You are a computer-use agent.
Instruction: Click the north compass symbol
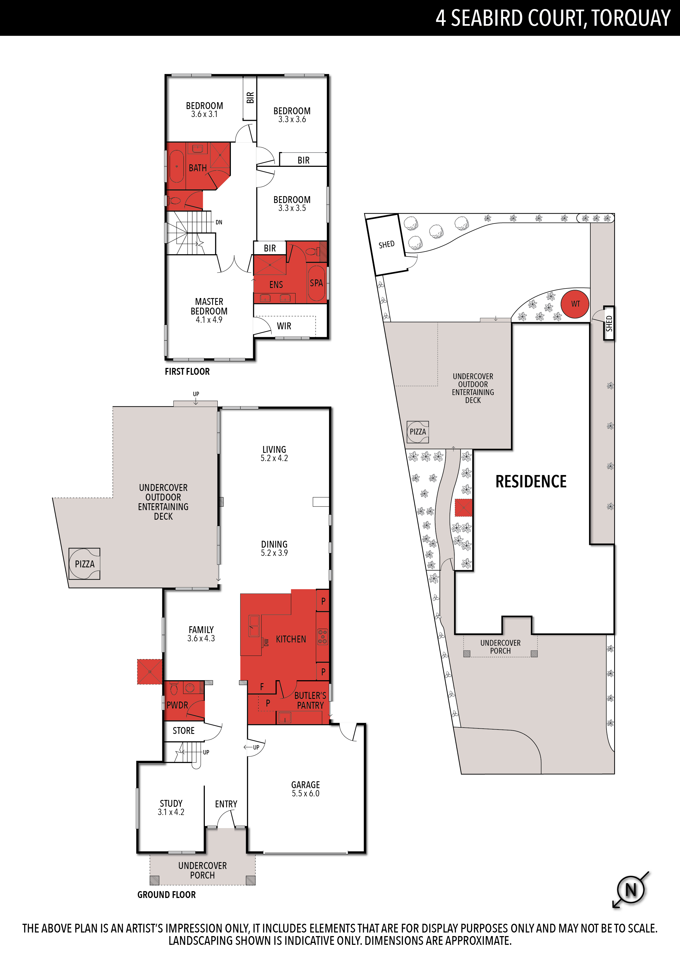(x=631, y=890)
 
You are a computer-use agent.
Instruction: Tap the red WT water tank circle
(x=575, y=304)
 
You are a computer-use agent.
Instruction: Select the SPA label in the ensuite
(x=316, y=283)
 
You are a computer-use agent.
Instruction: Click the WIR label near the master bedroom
(x=284, y=326)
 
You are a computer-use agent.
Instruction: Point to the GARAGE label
(x=305, y=785)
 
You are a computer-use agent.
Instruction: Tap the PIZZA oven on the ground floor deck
(x=84, y=564)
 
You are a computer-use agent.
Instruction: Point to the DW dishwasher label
(x=266, y=642)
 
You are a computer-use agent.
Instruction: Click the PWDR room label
(x=177, y=705)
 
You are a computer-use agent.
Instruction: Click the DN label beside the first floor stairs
(x=219, y=222)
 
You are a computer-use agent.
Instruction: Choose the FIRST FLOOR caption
(x=187, y=371)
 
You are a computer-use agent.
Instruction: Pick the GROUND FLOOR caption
(x=166, y=894)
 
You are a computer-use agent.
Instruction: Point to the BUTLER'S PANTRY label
(x=310, y=700)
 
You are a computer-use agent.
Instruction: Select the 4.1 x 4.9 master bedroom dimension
(x=209, y=320)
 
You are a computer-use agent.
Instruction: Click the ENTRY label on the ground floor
(x=226, y=804)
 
